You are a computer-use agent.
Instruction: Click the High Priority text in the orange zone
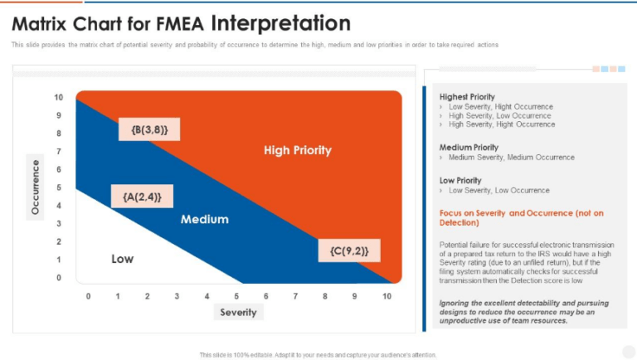pos(297,150)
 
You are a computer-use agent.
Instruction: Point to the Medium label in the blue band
pos(204,220)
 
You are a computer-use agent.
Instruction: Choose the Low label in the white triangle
pos(122,259)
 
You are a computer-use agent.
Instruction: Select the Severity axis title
pos(239,313)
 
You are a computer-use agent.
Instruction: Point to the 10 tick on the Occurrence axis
pos(59,98)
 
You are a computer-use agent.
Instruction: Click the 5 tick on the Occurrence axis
pos(59,187)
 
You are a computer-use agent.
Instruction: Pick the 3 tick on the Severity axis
pos(177,295)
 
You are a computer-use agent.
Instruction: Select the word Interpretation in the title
pos(280,22)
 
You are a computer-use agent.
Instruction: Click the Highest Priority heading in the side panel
pos(467,96)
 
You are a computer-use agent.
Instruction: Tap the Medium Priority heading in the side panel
pos(469,147)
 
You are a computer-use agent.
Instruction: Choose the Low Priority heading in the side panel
pos(460,180)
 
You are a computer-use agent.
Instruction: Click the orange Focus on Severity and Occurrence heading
pos(521,217)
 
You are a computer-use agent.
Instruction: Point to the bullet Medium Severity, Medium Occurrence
pos(511,157)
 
